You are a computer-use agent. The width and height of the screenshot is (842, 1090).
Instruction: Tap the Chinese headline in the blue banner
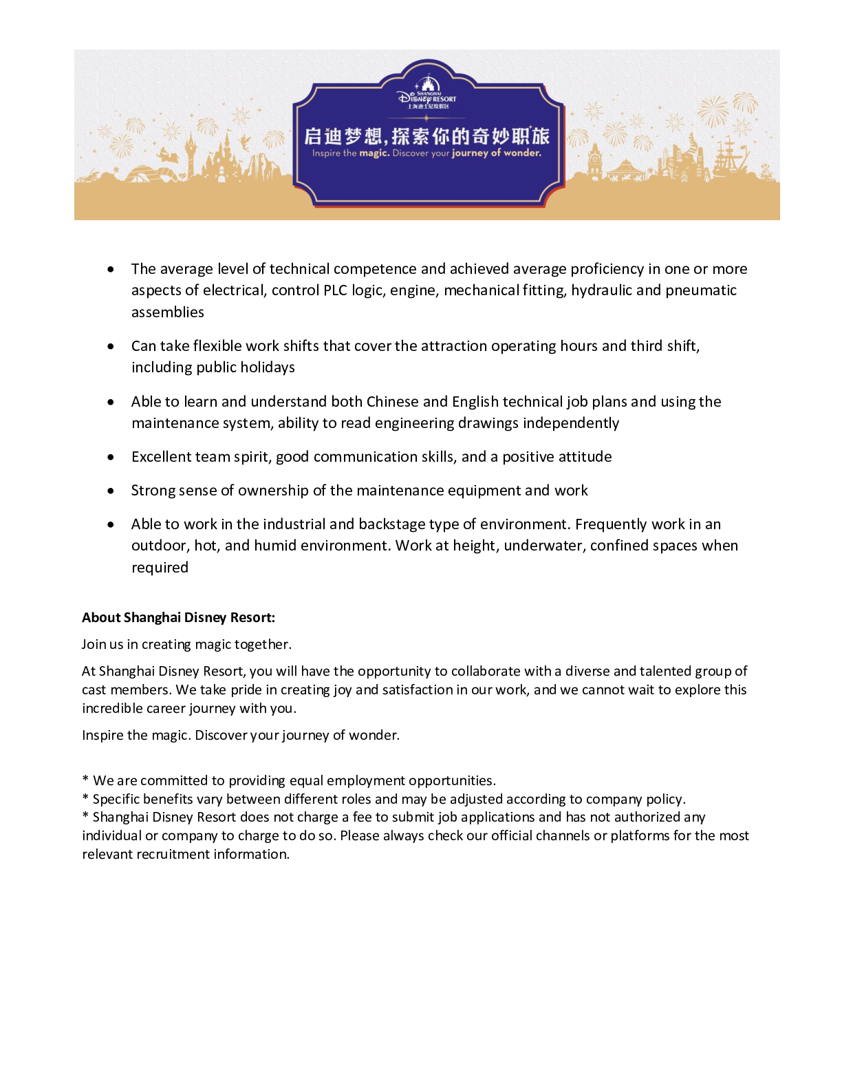[427, 136]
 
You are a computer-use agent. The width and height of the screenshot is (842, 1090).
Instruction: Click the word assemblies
[168, 312]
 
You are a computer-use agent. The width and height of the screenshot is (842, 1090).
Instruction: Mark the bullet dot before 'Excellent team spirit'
[111, 457]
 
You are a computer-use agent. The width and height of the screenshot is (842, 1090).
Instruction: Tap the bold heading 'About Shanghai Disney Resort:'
[178, 618]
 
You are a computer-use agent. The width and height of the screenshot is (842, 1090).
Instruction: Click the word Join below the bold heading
[94, 645]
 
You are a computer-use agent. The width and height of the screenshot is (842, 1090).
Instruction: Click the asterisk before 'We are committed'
[85, 780]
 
